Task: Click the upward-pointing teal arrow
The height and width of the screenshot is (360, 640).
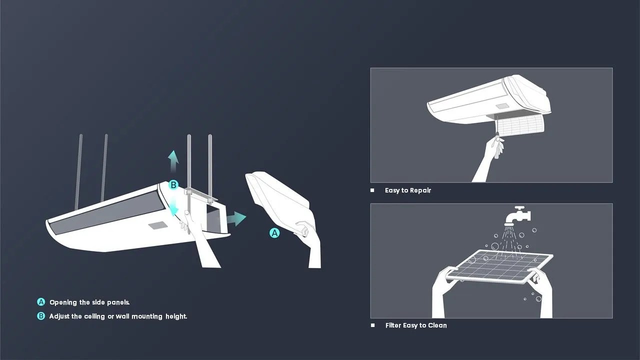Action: pos(173,161)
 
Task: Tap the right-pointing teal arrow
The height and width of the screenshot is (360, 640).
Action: pos(236,218)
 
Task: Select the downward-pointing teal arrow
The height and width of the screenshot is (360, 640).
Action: pos(173,207)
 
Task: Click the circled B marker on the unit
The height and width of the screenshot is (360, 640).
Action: pos(173,185)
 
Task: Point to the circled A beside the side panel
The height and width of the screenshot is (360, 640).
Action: pos(274,233)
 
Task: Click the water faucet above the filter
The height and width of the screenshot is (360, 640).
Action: pos(517,215)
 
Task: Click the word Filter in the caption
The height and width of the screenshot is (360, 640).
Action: pos(394,325)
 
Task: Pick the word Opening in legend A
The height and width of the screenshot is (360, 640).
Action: pos(63,302)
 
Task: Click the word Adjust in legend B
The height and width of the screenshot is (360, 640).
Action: pos(59,316)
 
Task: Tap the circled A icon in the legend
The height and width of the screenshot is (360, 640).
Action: pos(41,302)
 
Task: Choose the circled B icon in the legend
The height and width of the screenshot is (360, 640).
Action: pos(41,316)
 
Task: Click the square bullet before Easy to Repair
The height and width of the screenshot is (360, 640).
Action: pos(372,190)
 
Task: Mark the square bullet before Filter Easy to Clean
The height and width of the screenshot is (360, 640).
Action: pos(372,325)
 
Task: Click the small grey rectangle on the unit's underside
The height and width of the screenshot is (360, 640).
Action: pos(157,225)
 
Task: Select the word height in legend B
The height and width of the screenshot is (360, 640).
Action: pos(176,316)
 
